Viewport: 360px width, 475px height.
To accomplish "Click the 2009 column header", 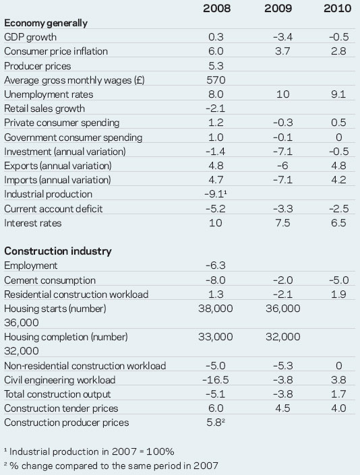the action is click(x=278, y=8).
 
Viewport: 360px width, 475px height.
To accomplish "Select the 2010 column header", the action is click(x=337, y=8).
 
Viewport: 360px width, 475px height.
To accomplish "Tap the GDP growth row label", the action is click(x=30, y=37).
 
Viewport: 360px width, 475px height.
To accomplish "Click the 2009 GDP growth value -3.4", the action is click(x=282, y=37).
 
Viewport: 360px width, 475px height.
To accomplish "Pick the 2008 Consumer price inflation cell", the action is click(x=216, y=51).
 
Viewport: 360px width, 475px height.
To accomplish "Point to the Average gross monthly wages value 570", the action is click(x=216, y=80).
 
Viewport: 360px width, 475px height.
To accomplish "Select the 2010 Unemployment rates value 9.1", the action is click(x=338, y=94).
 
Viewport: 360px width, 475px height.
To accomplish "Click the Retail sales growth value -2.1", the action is click(x=215, y=108).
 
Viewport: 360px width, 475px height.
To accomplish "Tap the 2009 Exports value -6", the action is click(x=282, y=166).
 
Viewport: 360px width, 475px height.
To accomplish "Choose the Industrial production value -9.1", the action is click(x=216, y=194).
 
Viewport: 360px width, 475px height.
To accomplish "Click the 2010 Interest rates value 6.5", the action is click(x=338, y=223).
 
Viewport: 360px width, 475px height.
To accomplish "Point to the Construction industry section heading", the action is click(x=58, y=251).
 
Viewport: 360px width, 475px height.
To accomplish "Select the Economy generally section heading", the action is click(x=46, y=23).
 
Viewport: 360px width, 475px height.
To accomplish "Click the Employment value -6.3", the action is click(x=216, y=265).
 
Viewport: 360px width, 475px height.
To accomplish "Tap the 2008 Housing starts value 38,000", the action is click(x=216, y=309).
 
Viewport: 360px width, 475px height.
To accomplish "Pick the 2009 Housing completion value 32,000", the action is click(x=282, y=337).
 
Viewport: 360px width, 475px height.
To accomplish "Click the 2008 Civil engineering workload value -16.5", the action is click(x=216, y=380).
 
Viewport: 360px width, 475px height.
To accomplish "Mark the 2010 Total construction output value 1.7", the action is click(x=338, y=394).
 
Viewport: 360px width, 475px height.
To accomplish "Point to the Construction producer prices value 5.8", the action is click(x=216, y=422).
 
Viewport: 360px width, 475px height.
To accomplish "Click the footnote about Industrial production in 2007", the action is click(x=90, y=451).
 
